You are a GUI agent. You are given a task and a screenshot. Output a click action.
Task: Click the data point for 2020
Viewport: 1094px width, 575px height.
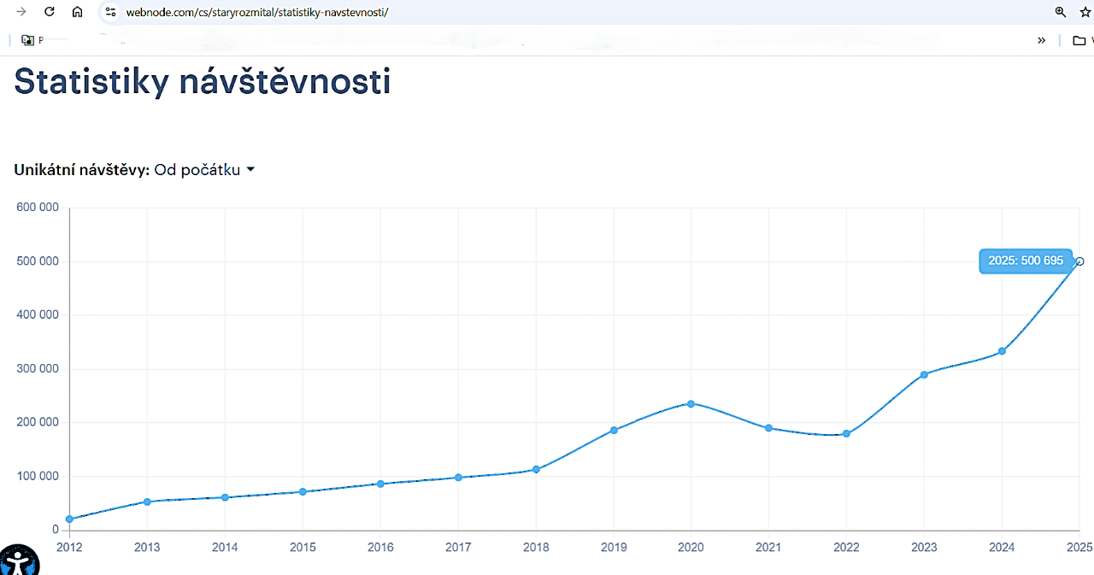point(691,403)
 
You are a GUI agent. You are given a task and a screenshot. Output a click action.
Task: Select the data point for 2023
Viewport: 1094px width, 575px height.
point(924,374)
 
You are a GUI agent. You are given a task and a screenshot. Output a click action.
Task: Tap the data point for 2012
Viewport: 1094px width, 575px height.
point(69,519)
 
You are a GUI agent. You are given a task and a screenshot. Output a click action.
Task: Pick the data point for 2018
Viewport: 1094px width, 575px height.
point(536,469)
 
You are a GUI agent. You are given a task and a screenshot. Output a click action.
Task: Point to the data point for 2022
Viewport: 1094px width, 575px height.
point(846,433)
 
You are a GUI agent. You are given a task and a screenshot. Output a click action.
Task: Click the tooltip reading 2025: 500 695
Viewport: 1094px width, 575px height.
point(1025,261)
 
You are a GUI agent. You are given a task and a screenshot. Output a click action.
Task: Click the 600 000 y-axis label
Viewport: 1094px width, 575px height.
point(38,208)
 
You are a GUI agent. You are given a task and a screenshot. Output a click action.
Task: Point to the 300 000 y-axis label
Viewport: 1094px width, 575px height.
point(38,369)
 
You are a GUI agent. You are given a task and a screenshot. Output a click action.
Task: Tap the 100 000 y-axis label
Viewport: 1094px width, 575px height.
point(38,477)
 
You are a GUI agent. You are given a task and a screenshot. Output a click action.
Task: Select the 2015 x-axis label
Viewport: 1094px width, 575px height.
point(303,547)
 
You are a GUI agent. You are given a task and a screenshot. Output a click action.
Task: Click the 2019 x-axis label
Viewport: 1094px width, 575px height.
point(614,547)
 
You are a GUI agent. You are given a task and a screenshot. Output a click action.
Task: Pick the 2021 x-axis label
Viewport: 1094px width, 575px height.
point(768,547)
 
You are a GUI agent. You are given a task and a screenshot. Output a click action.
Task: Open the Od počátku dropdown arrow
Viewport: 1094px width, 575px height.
point(250,169)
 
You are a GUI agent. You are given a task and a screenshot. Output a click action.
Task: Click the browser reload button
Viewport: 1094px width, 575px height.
point(50,12)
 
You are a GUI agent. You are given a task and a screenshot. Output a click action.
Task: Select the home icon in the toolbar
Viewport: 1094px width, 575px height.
point(77,12)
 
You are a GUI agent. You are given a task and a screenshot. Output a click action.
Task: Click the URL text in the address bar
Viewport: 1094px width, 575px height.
point(256,13)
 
